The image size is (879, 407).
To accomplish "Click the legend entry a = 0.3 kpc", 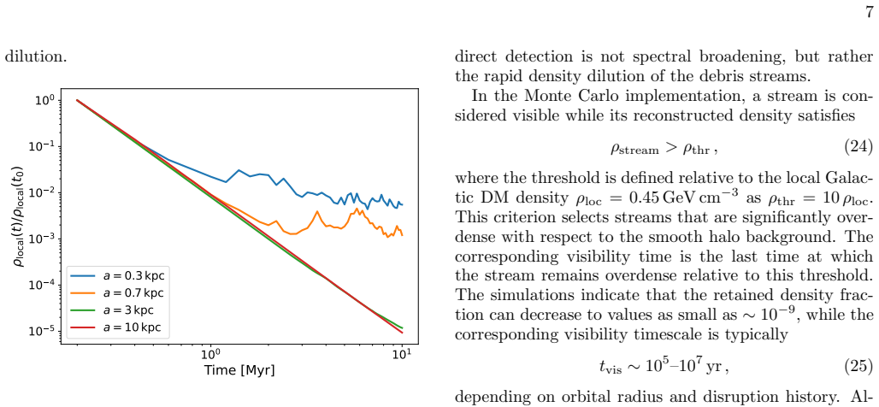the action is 119,276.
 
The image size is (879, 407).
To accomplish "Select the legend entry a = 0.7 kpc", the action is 119,292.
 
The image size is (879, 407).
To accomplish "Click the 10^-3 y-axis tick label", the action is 44,239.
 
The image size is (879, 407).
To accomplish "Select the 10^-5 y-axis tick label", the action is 44,331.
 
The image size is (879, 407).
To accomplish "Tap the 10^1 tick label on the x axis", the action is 402,354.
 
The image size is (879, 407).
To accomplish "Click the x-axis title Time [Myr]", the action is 239,370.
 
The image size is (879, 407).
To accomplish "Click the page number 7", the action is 869,12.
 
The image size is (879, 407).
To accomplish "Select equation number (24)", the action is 858,147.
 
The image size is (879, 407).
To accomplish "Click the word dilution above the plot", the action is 36,56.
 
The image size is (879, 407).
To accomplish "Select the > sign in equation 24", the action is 666,149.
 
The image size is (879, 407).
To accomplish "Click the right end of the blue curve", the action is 402,204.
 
